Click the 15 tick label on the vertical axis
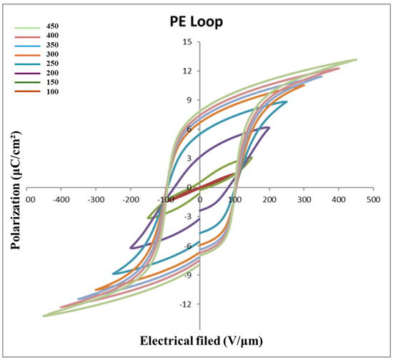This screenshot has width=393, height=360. tap(187, 42)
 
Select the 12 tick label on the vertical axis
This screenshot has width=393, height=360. tap(187, 71)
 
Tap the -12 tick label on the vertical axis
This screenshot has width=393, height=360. tap(186, 305)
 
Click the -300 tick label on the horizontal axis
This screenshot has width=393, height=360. tap(96, 199)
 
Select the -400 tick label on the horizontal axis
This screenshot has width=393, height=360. tap(61, 199)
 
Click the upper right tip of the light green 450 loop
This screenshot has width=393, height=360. tap(356, 60)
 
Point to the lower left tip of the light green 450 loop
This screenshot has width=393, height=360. tap(44, 316)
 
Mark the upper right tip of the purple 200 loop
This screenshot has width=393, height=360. tap(269, 128)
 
